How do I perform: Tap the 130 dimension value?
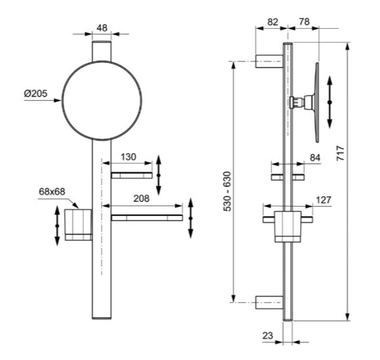[128, 157]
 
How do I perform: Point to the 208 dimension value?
[142, 198]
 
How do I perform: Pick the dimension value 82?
[272, 22]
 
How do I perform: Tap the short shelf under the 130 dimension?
[131, 175]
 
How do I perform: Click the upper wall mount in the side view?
[269, 62]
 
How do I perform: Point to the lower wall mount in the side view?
[269, 302]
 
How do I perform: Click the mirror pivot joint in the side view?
[298, 102]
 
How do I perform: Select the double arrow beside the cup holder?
[57, 226]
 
